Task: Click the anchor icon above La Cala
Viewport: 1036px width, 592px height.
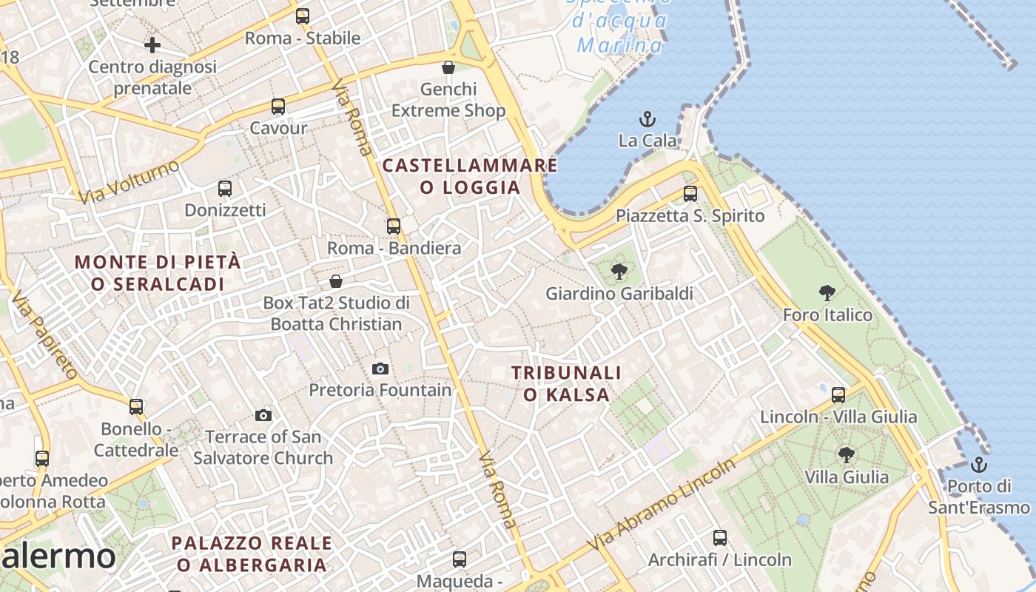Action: (647, 118)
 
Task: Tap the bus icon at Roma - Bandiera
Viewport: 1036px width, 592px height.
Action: (394, 226)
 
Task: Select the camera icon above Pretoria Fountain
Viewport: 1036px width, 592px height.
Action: (380, 369)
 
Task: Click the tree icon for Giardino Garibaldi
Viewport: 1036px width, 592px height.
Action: (619, 272)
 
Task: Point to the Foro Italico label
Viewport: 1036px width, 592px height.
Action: (827, 315)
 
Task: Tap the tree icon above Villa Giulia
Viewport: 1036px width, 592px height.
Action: (847, 454)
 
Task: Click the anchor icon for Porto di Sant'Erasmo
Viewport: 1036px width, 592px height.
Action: (979, 465)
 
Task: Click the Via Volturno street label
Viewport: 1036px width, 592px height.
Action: (129, 181)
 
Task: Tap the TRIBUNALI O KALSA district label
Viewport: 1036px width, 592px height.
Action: (566, 383)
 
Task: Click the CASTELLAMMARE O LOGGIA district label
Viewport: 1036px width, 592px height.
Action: (470, 176)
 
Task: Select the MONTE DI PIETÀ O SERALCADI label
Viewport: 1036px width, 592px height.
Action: (158, 272)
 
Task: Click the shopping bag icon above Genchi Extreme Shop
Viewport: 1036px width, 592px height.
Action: (448, 67)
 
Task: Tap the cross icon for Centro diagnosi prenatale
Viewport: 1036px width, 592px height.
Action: (152, 45)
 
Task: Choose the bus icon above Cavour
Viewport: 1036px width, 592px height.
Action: (278, 106)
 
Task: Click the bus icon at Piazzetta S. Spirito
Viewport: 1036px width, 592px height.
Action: (690, 194)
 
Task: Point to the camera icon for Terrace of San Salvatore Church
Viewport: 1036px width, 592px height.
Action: (263, 416)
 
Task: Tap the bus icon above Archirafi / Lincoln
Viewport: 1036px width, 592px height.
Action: (720, 538)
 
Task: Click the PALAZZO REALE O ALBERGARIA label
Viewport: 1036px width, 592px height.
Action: (252, 554)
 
